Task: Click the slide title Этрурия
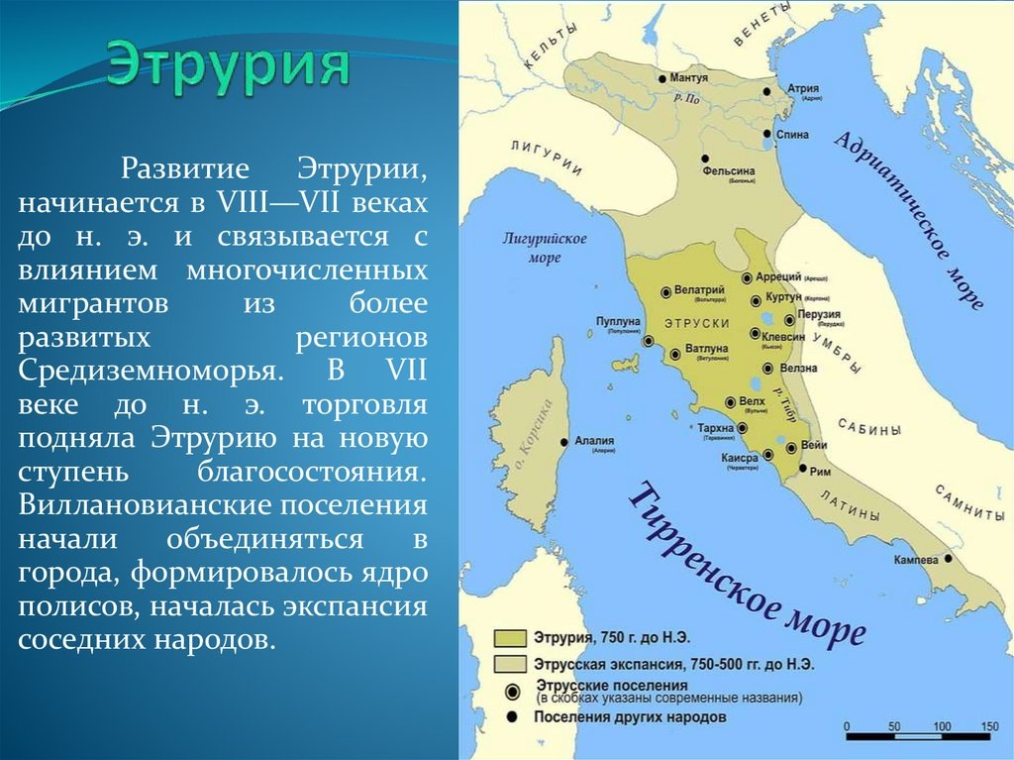pyautogui.click(x=229, y=67)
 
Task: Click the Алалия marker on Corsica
pyautogui.click(x=564, y=442)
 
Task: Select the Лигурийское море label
pyautogui.click(x=544, y=248)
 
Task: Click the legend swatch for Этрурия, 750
pyautogui.click(x=512, y=636)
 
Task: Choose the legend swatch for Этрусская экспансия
pyautogui.click(x=512, y=662)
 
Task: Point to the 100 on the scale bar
pyautogui.click(x=941, y=726)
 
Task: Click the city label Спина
pyautogui.click(x=793, y=134)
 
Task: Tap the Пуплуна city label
pyautogui.click(x=620, y=321)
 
